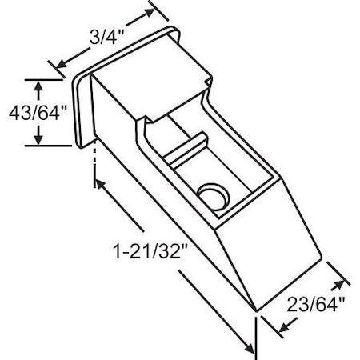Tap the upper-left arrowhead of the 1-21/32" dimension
(x=99, y=183)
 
